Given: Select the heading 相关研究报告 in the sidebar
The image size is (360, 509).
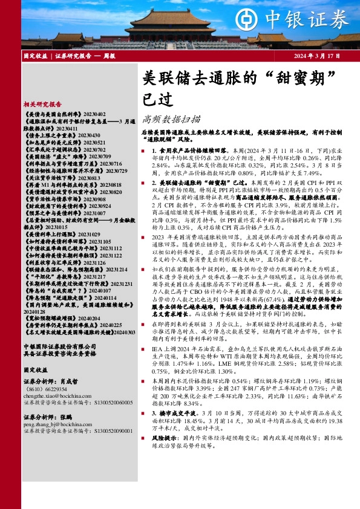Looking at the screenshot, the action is tap(43, 103).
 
